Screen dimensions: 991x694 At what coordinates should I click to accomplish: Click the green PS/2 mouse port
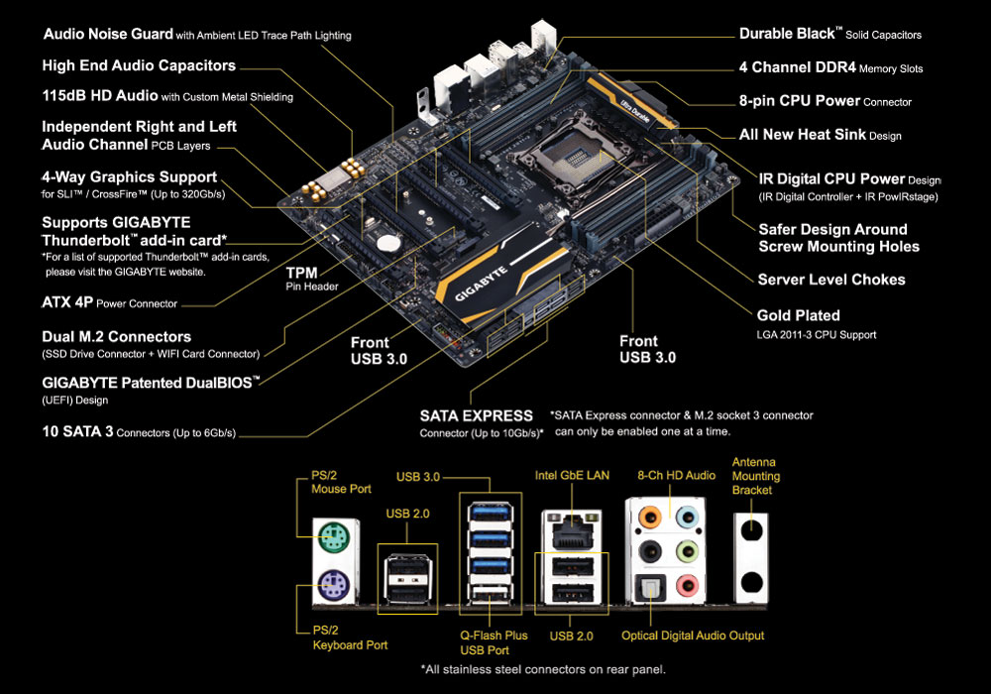[334, 538]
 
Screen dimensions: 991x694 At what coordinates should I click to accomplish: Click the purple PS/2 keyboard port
[334, 585]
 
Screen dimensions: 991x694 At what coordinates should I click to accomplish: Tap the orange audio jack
[650, 517]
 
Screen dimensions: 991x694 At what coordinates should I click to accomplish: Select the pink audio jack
[687, 585]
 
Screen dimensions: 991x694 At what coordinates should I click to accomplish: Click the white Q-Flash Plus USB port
[490, 595]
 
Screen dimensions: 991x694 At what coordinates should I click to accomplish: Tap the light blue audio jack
[687, 517]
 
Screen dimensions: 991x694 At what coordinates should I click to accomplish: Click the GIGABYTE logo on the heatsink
[482, 285]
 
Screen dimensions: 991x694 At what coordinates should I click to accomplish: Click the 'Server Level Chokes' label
[831, 280]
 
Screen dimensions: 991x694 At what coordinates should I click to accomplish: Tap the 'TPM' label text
[301, 273]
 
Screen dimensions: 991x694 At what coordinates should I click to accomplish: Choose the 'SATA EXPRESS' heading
[477, 415]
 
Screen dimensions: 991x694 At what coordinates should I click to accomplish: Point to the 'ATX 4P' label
[67, 302]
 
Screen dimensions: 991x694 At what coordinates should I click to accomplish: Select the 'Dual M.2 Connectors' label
[116, 336]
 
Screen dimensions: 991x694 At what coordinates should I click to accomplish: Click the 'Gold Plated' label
[798, 315]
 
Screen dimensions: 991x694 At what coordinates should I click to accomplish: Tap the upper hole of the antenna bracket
[751, 530]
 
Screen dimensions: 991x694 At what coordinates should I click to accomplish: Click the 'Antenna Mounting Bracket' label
[756, 476]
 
